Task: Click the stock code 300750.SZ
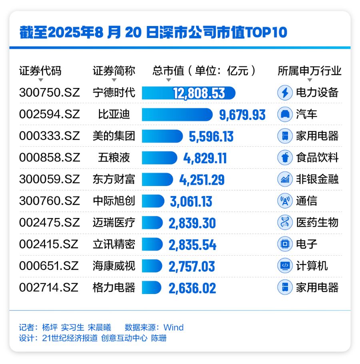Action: (x=50, y=93)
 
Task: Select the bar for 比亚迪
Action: (x=177, y=114)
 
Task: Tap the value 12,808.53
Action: (x=199, y=93)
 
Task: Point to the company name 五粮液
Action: (x=114, y=158)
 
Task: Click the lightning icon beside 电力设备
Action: (x=285, y=93)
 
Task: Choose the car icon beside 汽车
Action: (x=285, y=114)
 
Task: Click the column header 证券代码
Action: (x=40, y=71)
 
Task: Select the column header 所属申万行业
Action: (x=310, y=71)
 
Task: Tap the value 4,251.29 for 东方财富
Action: (x=202, y=180)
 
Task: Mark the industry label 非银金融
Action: (x=317, y=179)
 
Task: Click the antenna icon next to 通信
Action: (x=285, y=201)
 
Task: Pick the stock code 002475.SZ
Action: (x=50, y=222)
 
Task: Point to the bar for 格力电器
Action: (x=152, y=288)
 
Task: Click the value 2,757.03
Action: (x=192, y=266)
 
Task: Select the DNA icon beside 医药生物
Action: (x=285, y=222)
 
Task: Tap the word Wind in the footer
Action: (x=174, y=328)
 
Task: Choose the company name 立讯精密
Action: (x=114, y=244)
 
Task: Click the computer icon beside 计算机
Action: (x=285, y=266)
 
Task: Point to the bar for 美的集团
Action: (x=162, y=136)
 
